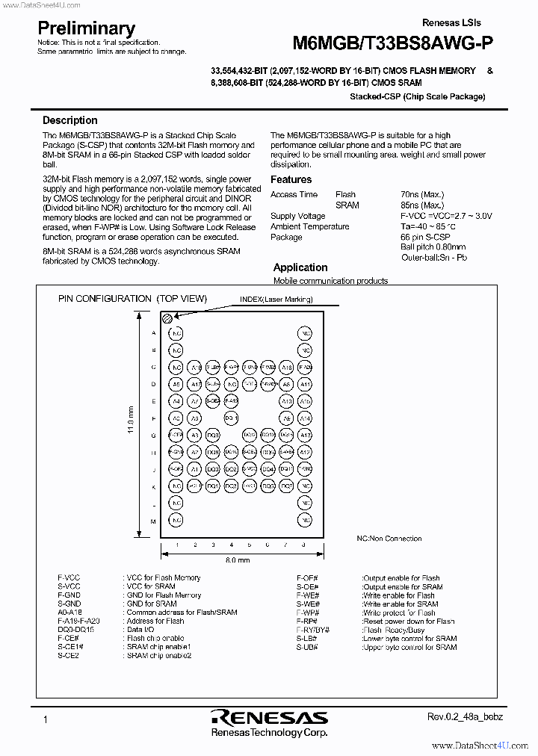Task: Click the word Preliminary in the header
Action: (x=86, y=28)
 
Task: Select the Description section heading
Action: (x=69, y=120)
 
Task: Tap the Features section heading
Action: (x=291, y=179)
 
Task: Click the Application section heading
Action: (x=300, y=267)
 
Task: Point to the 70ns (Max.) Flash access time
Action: (x=421, y=194)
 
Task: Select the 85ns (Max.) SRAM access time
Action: (x=421, y=205)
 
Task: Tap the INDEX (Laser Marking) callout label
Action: (x=276, y=300)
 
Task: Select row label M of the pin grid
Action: (x=153, y=521)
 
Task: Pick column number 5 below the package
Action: (x=250, y=545)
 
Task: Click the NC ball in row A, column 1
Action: (x=176, y=332)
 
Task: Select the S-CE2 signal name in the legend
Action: (x=68, y=655)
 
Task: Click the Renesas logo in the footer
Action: (x=268, y=717)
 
